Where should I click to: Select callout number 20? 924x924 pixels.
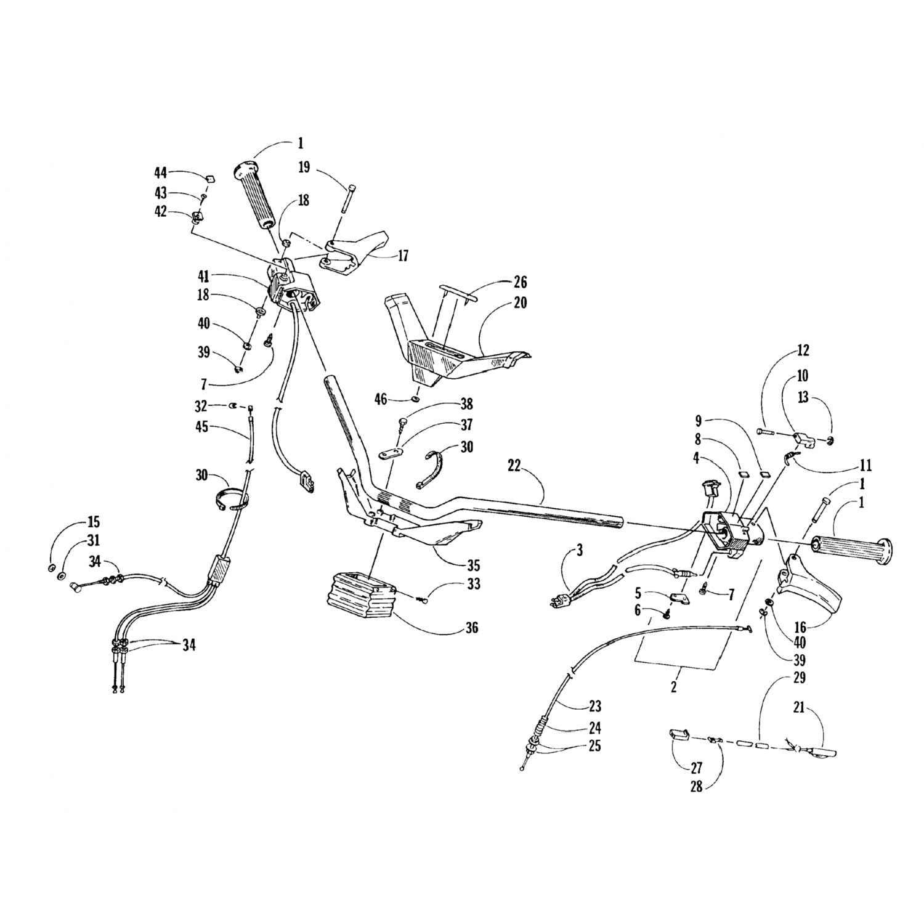pyautogui.click(x=521, y=303)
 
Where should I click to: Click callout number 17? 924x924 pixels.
pyautogui.click(x=403, y=256)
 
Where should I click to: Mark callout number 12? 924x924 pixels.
pyautogui.click(x=802, y=351)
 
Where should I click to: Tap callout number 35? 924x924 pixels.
pyautogui.click(x=474, y=565)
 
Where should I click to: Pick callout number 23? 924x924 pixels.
pyautogui.click(x=594, y=706)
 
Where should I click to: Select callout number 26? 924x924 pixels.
pyautogui.click(x=521, y=282)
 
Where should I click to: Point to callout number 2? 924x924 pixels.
pyautogui.click(x=674, y=687)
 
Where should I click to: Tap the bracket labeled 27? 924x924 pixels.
pyautogui.click(x=678, y=735)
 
